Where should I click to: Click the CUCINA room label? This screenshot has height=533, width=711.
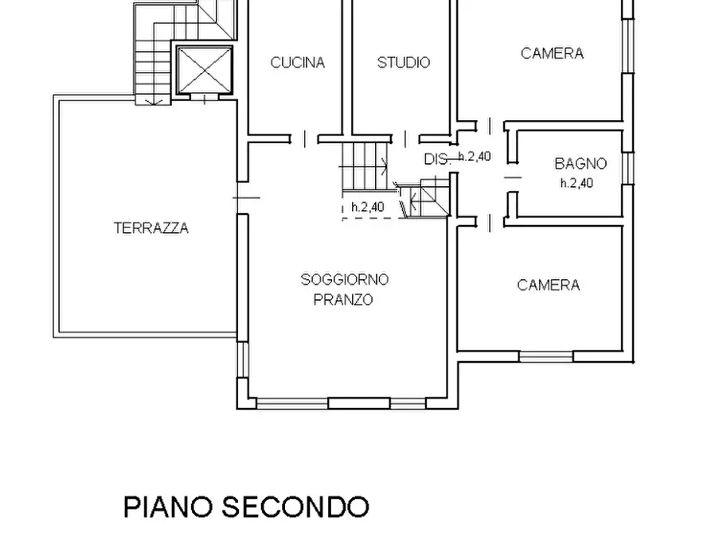tap(297, 63)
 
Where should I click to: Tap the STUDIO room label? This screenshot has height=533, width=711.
tap(403, 63)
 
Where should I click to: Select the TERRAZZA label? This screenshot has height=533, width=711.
tap(151, 228)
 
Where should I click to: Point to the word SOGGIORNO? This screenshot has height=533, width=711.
tap(344, 279)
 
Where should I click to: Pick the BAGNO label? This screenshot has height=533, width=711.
tap(580, 164)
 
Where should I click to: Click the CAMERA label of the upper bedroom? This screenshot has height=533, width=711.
tap(552, 53)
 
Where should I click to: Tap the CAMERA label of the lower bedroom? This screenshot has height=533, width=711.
tap(548, 285)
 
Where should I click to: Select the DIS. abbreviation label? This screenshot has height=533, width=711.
tap(436, 159)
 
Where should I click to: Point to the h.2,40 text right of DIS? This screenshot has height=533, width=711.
tap(474, 157)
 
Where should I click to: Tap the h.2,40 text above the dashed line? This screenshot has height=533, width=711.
tap(367, 207)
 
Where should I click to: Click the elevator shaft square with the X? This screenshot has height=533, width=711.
tap(203, 70)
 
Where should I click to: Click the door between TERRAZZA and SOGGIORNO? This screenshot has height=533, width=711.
tap(243, 197)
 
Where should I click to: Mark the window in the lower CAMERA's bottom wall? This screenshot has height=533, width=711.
tap(546, 356)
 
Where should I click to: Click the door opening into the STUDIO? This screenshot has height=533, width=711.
tap(404, 138)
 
